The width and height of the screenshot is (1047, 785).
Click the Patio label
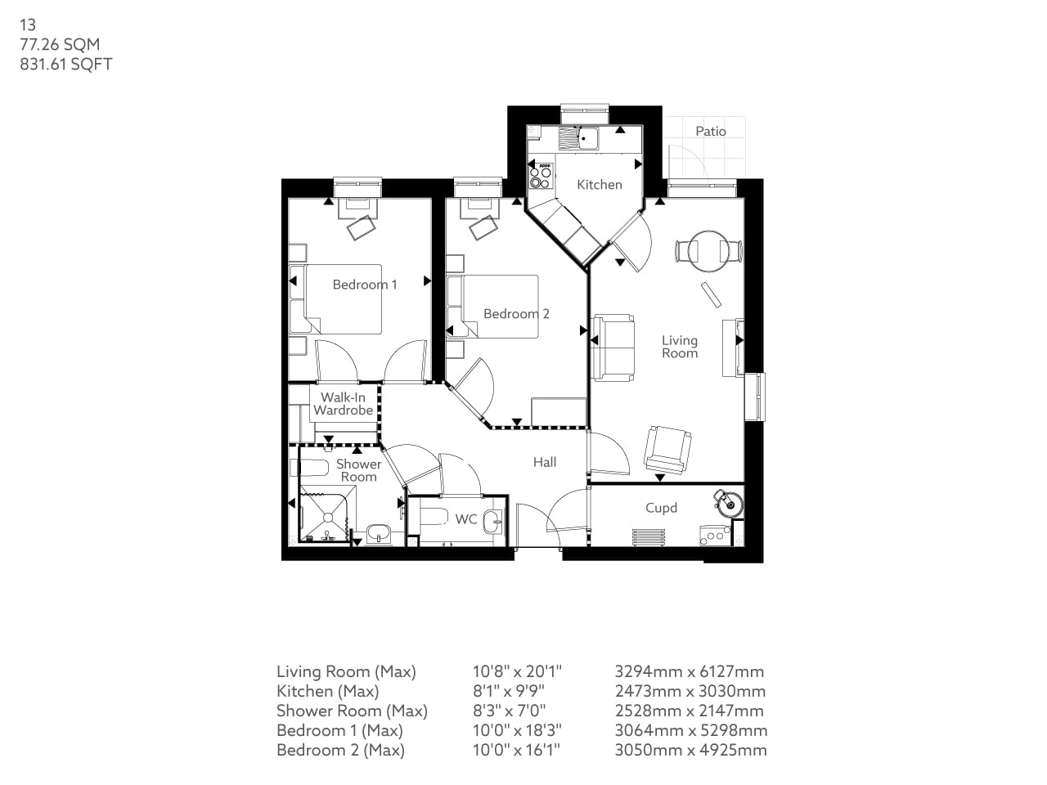point(710,131)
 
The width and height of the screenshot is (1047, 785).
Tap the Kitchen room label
point(600,185)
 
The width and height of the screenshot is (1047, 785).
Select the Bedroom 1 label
point(364,285)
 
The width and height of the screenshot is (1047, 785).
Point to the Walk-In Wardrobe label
point(343,404)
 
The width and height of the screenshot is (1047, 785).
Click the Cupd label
point(661,508)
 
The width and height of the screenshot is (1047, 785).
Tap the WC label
point(465,519)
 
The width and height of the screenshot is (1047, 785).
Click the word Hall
point(545,462)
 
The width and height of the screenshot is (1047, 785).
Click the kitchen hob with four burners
point(540,173)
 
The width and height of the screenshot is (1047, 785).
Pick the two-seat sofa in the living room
point(613,348)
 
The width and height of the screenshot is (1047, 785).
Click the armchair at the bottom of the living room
point(667,448)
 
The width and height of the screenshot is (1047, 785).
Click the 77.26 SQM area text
point(60,45)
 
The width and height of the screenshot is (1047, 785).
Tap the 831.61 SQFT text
point(65,65)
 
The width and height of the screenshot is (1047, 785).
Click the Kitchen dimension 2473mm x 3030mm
point(690,691)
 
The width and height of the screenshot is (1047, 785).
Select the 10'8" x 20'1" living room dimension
point(517,671)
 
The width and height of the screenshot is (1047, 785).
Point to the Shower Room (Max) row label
point(352,711)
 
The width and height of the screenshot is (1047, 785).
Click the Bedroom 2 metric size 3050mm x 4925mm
point(690,750)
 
